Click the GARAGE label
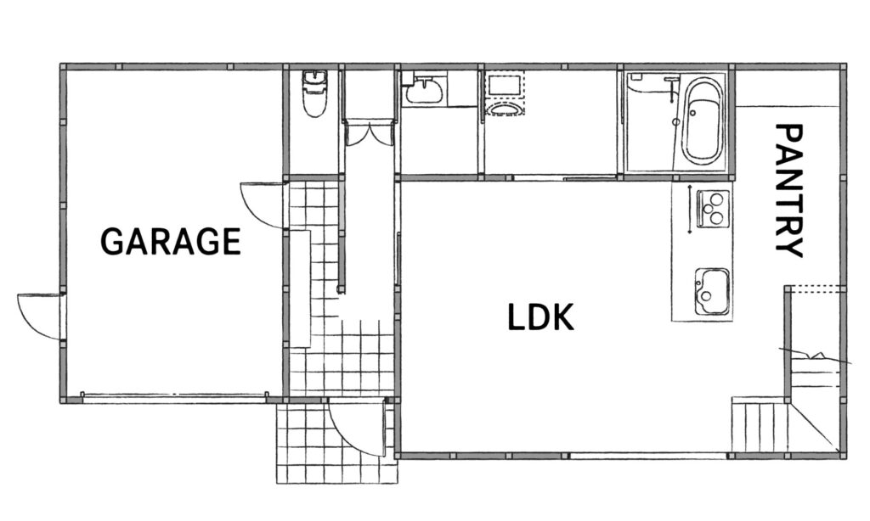pyautogui.click(x=170, y=241)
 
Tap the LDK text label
pyautogui.click(x=540, y=317)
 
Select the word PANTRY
pyautogui.click(x=788, y=190)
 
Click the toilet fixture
pyautogui.click(x=314, y=93)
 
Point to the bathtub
pyautogui.click(x=703, y=120)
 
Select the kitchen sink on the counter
pyautogui.click(x=711, y=292)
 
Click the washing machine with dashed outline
pyautogui.click(x=505, y=93)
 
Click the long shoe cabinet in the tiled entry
pyautogui.click(x=300, y=289)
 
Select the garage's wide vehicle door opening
pyautogui.click(x=174, y=395)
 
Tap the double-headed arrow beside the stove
pyautogui.click(x=689, y=209)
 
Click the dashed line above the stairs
pyautogui.click(x=815, y=286)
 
